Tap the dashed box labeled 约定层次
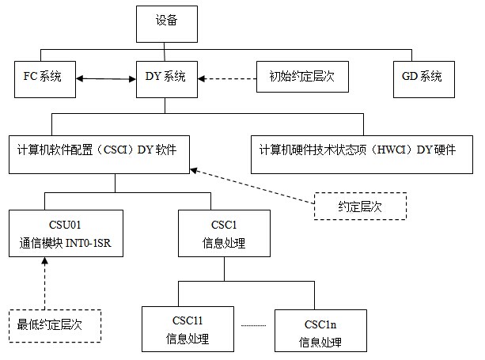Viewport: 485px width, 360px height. [x=361, y=207]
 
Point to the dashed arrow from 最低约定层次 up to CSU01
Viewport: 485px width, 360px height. [x=46, y=281]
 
